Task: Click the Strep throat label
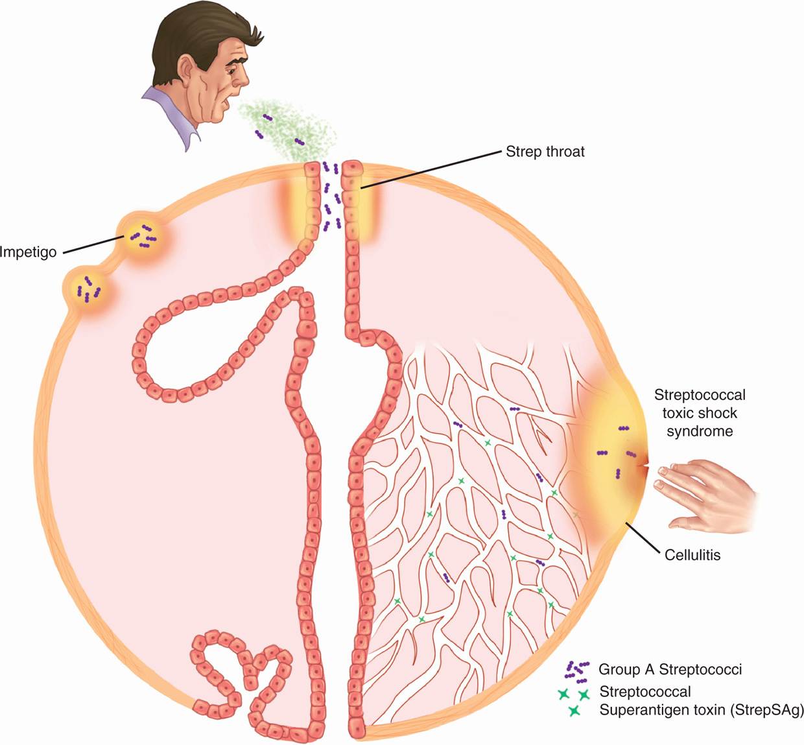tap(545, 152)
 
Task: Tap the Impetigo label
tap(28, 252)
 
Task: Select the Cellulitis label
tap(692, 555)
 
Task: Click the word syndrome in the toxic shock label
tap(700, 431)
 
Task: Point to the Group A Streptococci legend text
tap(670, 669)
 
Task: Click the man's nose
tap(244, 78)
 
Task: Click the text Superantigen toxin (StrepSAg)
tap(701, 709)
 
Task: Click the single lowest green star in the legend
tap(573, 711)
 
